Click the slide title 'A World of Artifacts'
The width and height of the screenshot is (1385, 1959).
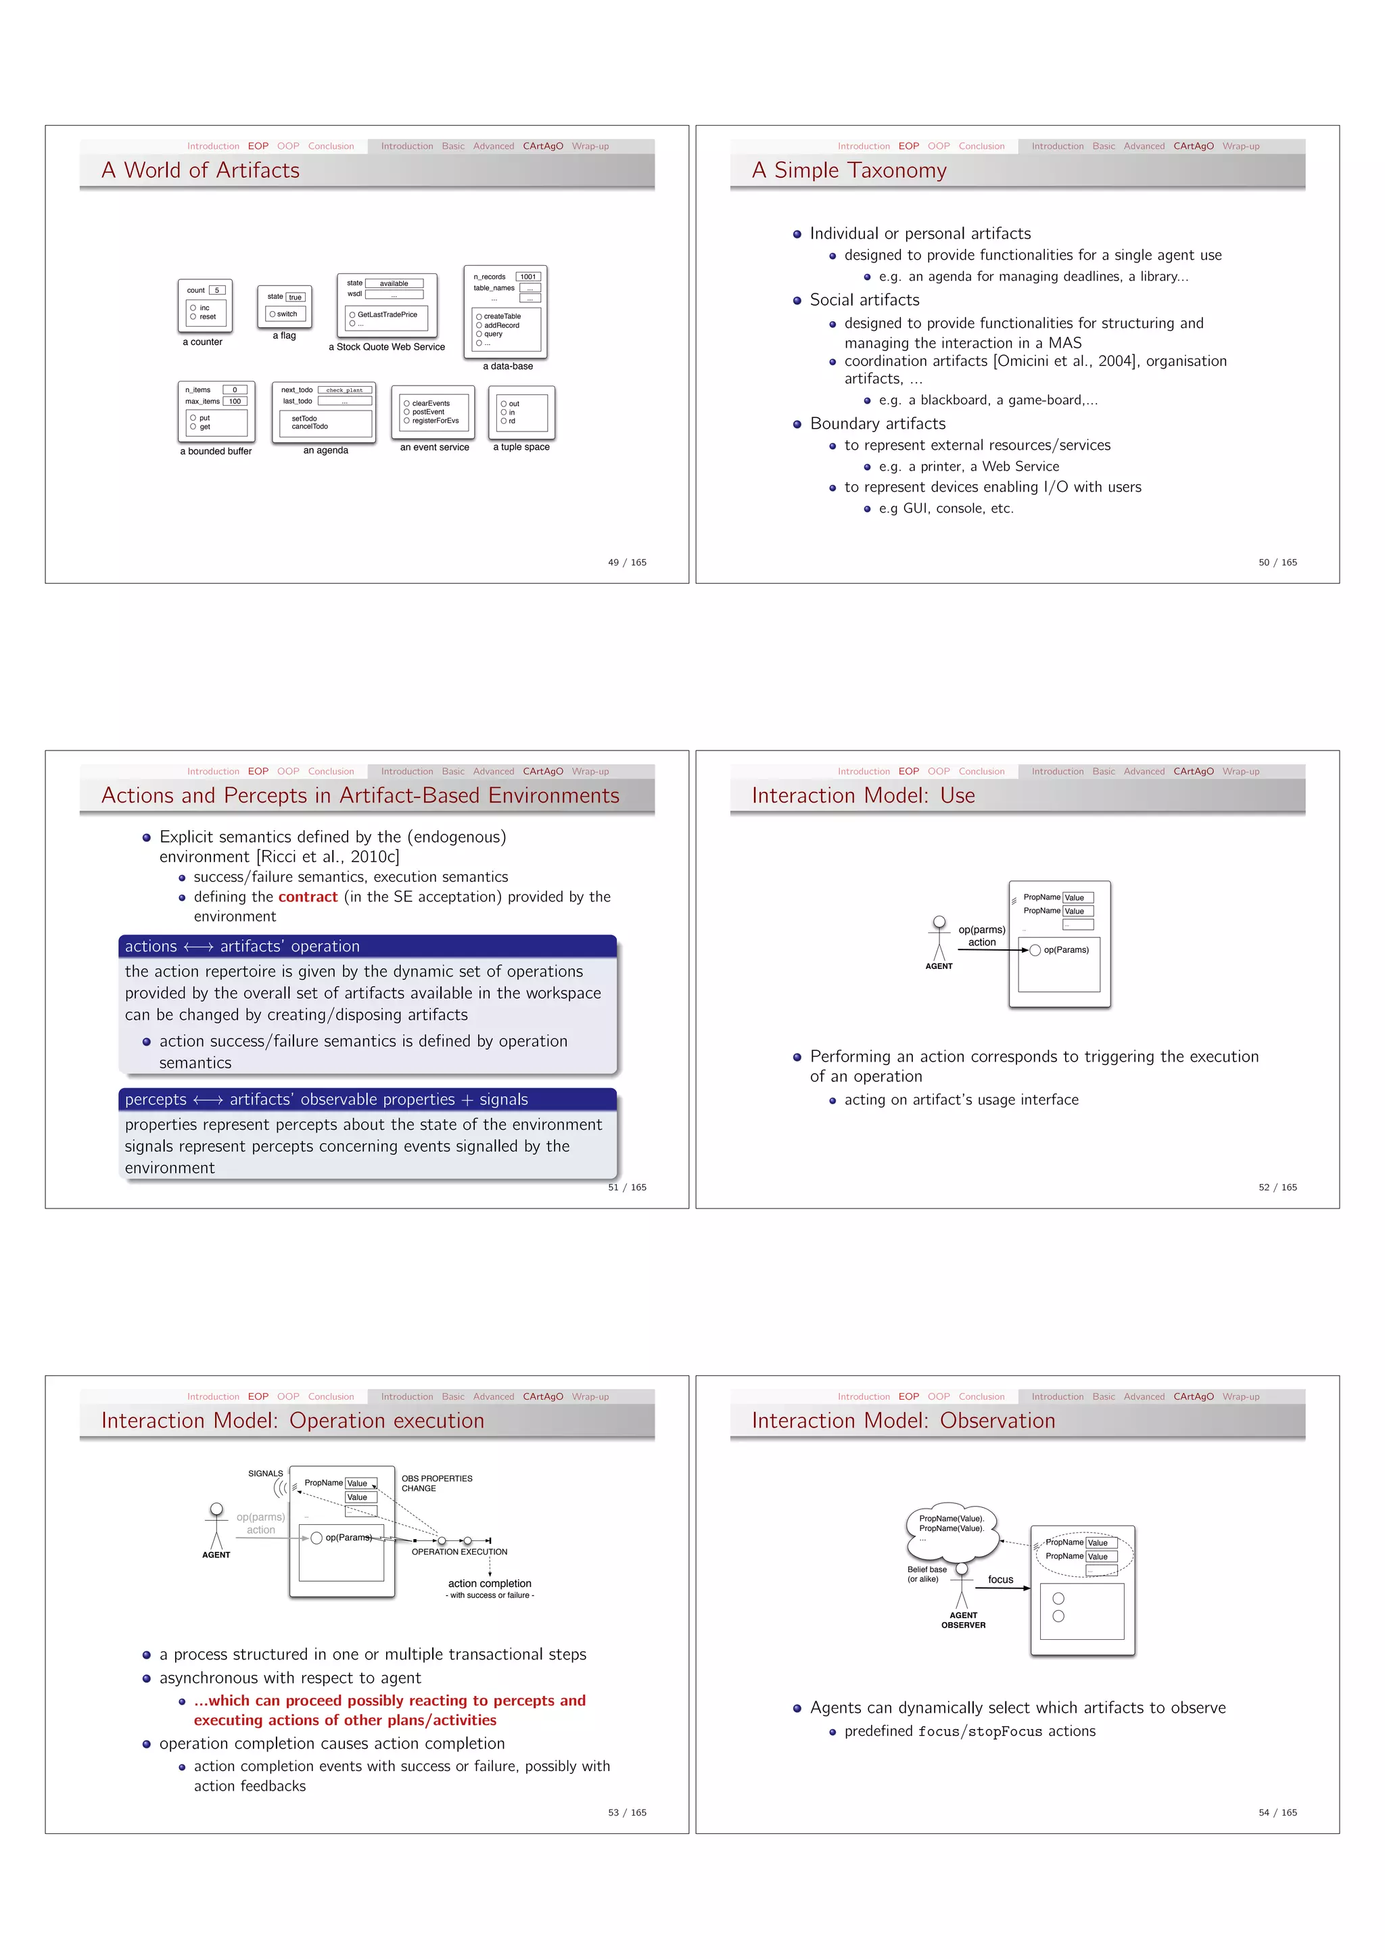tap(201, 170)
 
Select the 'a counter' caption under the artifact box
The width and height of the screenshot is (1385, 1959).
tap(202, 342)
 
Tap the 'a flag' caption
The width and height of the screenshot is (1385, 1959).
tap(284, 336)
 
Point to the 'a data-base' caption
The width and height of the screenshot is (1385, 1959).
tap(508, 366)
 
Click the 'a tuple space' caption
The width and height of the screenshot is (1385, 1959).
tap(521, 447)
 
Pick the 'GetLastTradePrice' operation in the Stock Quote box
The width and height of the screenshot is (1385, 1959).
tap(387, 315)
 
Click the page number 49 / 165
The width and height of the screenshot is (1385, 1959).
tap(626, 562)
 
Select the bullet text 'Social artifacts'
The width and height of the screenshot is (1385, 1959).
tap(864, 300)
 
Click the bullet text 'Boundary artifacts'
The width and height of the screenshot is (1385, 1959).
tap(877, 424)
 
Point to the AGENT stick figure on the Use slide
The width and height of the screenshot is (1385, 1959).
tap(939, 939)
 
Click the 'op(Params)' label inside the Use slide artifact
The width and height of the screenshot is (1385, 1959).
tap(1066, 949)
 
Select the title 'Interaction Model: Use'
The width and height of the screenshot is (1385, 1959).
tap(863, 795)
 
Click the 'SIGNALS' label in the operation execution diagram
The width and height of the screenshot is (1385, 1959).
tap(265, 1473)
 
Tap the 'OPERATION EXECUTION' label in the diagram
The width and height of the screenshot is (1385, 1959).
tap(459, 1552)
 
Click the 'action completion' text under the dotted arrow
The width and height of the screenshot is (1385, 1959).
tap(489, 1584)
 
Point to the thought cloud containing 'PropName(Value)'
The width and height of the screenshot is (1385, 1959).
tap(951, 1528)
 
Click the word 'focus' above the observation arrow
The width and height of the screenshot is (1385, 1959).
tap(1000, 1580)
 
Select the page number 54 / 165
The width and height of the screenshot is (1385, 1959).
tap(1277, 1812)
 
